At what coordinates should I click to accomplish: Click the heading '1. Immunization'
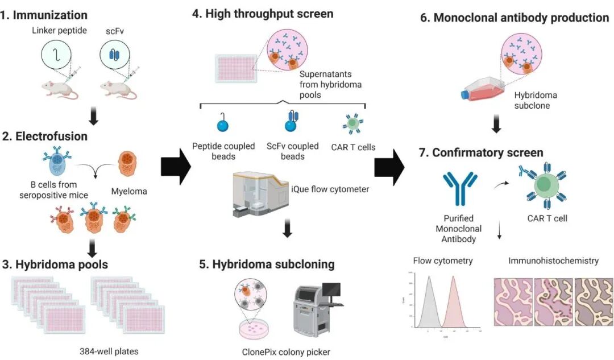[44, 15]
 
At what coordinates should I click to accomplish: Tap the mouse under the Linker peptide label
[59, 89]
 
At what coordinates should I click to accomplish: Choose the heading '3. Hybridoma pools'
[54, 264]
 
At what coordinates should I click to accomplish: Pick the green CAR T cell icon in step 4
[352, 122]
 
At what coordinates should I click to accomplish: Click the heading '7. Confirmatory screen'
[487, 152]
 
